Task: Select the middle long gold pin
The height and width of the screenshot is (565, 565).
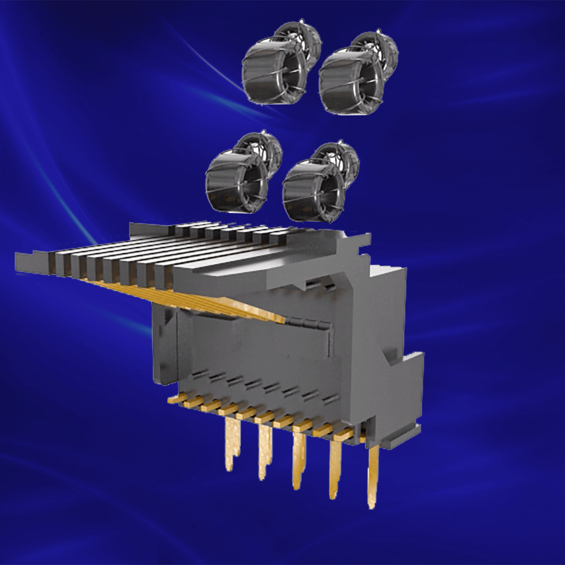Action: coord(299,461)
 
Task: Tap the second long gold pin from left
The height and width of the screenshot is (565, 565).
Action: coord(265,452)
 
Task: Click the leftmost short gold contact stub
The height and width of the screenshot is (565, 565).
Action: coord(173,400)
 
